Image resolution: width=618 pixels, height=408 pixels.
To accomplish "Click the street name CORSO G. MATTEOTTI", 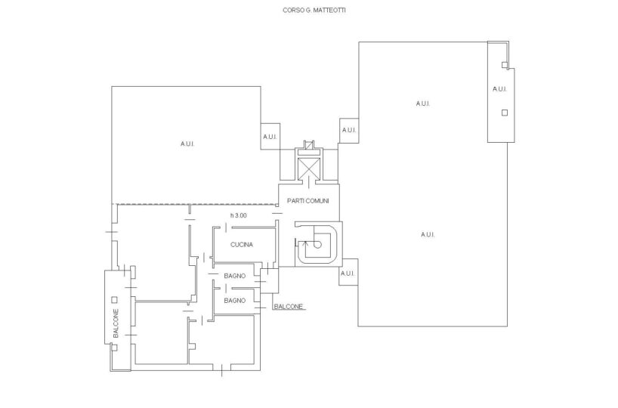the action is point(314,11).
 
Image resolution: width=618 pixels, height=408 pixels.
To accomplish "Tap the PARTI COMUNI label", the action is point(307,201).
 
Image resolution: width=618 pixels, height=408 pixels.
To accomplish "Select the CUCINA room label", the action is point(242,244).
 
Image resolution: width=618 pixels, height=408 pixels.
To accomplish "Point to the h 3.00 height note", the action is point(239,215).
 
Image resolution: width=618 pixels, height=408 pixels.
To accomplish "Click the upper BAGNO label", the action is point(234,276).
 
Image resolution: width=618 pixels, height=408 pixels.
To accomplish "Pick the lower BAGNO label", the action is point(234,301).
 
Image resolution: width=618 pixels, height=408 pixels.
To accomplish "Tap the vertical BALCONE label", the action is point(116,323).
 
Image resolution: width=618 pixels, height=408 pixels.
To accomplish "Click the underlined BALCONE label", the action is point(289,306).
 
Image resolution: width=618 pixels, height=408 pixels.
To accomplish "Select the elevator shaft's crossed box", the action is point(308,167).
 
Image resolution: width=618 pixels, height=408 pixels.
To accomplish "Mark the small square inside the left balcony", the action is point(114,300).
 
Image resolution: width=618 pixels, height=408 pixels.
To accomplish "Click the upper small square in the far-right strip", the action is point(505,65).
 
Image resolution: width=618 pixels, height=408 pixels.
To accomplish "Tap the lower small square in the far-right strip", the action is point(505,113).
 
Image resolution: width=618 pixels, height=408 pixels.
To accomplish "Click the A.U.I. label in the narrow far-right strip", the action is point(499,89).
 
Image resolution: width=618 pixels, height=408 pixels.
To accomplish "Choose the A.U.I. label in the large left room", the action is point(187,144).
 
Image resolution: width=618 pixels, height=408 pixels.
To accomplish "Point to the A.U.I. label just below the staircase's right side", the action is point(348,274).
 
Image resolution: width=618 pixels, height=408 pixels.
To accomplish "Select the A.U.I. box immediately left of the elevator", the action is point(270,137).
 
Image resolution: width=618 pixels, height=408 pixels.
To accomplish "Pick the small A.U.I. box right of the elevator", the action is point(349,131).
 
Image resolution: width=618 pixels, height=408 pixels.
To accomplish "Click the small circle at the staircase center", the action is point(318,245).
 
